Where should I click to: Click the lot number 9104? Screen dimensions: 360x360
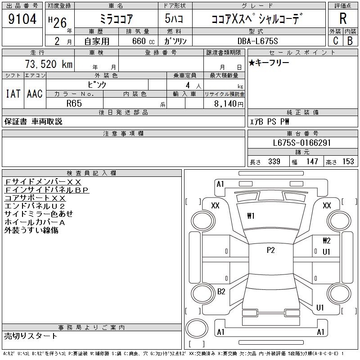(x=22, y=18)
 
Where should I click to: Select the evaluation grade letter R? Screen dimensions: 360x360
(x=343, y=18)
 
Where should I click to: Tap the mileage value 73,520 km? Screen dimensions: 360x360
(x=49, y=64)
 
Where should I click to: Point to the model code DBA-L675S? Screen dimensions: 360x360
(x=257, y=41)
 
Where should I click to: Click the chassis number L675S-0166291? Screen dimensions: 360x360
(x=301, y=143)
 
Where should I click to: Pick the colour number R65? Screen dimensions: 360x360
(x=74, y=103)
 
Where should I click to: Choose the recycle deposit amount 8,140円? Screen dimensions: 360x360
(x=229, y=104)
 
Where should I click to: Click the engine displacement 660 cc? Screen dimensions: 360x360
(x=143, y=41)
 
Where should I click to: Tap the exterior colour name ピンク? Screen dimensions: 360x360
(x=97, y=85)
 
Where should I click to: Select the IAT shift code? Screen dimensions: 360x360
(x=13, y=94)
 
